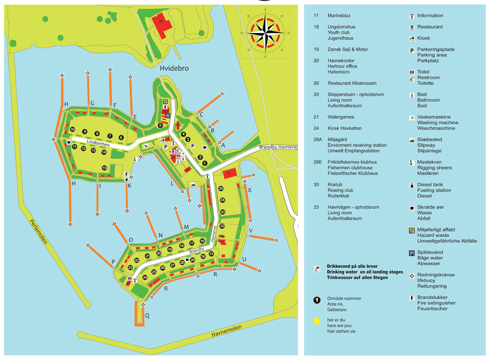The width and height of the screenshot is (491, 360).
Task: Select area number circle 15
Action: tap(104, 168)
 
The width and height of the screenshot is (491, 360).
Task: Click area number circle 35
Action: tap(221, 189)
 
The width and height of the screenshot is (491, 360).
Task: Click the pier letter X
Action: tap(250, 190)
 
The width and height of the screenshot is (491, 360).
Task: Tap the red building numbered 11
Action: tap(229, 173)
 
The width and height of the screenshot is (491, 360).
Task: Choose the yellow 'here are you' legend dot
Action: tap(317, 320)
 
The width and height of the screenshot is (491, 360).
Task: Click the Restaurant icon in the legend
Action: tap(412, 27)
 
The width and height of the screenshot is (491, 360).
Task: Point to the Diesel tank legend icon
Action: tap(412, 185)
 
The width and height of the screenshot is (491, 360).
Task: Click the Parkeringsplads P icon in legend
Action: tap(412, 50)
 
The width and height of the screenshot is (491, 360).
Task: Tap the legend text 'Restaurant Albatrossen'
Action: tap(352, 83)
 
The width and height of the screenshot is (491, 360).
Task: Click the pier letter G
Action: tap(92, 104)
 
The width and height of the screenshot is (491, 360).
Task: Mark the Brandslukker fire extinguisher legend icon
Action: tap(412, 297)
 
